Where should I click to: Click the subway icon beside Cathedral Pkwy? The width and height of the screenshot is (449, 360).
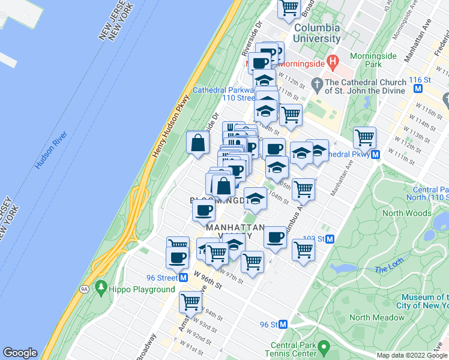[375, 154]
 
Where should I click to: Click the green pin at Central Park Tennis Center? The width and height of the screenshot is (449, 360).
[324, 346]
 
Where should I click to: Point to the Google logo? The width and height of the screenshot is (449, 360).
[20, 353]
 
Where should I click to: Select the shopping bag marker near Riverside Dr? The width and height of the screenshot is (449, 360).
[198, 143]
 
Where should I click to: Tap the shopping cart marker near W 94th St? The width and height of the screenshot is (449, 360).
[191, 302]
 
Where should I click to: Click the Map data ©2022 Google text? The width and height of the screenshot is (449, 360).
[412, 355]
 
